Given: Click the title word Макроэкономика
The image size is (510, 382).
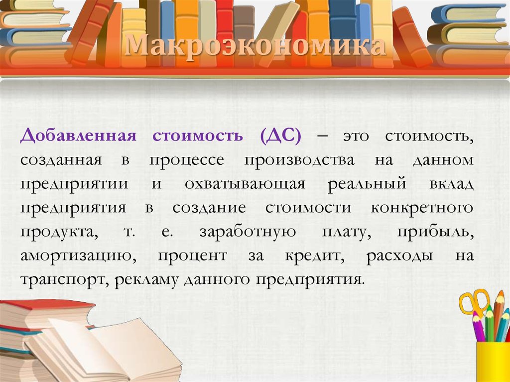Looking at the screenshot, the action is (x=255, y=46).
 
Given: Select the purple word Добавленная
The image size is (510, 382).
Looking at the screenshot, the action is (x=78, y=135).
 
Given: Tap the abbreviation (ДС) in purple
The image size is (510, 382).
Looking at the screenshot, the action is (x=281, y=135).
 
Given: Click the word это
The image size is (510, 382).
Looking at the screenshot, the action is (x=356, y=136).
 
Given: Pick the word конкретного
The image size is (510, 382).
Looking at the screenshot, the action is (x=422, y=208).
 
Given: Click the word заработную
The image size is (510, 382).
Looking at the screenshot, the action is (x=248, y=232).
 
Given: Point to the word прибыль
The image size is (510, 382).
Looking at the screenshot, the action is (x=435, y=232).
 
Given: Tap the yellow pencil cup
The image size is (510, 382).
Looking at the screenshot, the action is (x=493, y=362).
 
